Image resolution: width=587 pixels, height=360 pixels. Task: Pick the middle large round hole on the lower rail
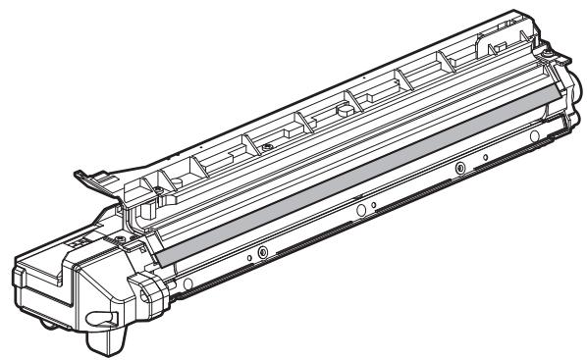click(360, 210)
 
